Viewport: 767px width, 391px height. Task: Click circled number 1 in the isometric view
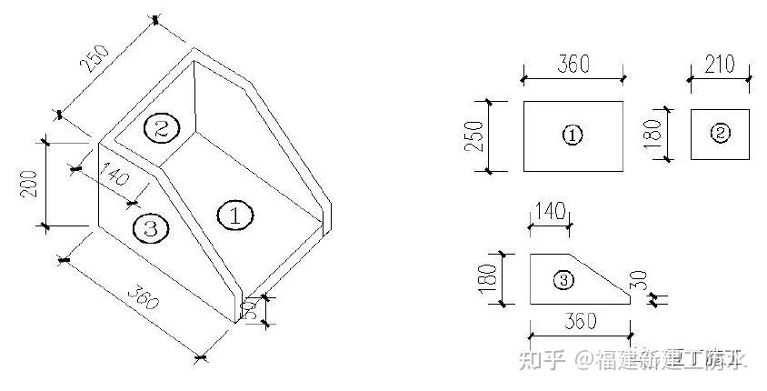coord(234,216)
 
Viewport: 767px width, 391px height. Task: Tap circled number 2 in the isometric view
coord(160,128)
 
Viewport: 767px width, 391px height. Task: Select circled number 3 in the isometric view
coord(150,228)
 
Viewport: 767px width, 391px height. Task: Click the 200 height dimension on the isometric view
coord(28,185)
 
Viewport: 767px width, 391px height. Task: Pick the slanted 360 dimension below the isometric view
coord(141,299)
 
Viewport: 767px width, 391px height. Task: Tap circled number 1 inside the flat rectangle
coord(573,135)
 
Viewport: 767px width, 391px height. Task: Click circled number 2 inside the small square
coord(720,134)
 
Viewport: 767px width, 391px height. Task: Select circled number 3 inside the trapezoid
coord(563,280)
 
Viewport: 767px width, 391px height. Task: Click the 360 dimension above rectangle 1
coord(573,65)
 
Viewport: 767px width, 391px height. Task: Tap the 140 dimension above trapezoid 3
coord(550,211)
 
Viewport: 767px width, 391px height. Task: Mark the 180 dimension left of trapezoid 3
coord(488,279)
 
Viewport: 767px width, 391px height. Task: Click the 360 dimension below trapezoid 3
coord(580,321)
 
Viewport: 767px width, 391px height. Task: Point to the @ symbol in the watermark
coord(583,360)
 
